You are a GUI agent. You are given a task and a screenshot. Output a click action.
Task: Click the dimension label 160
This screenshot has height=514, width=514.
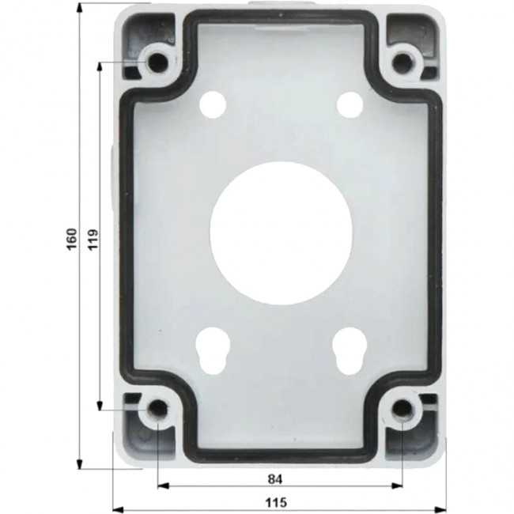tap(71, 236)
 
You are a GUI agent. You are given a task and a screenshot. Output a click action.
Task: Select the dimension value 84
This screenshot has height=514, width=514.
tap(274, 478)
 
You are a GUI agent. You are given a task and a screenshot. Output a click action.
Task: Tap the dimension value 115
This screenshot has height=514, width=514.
tap(274, 503)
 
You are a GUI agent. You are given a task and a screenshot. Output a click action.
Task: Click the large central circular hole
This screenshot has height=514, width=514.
tap(281, 233)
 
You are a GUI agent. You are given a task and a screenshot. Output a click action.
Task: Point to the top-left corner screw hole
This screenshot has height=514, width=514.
tap(156, 61)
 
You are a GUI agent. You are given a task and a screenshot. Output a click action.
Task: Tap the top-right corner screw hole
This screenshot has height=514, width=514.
tap(404, 61)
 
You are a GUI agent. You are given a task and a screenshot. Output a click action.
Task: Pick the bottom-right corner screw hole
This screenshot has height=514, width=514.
tap(403, 409)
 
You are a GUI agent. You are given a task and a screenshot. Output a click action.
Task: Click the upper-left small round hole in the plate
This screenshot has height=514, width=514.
tap(213, 103)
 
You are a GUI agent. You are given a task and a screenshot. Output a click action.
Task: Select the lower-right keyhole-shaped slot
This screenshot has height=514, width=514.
tap(347, 348)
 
